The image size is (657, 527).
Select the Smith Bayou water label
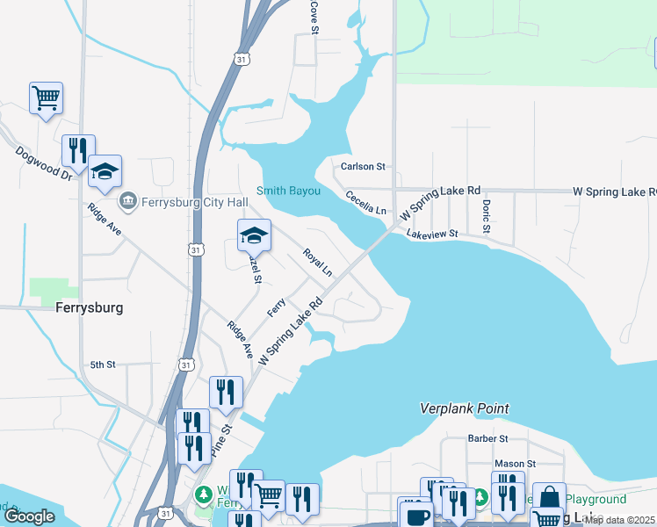click(x=287, y=191)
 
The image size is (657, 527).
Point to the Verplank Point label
click(x=465, y=408)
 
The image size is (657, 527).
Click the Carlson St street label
click(x=364, y=166)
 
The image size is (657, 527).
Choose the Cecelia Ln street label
click(x=365, y=203)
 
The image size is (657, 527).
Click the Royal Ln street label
click(x=317, y=263)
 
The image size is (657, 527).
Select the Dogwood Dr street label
click(x=43, y=163)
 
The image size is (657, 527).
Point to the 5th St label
click(x=103, y=365)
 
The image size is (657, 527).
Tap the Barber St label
click(x=487, y=438)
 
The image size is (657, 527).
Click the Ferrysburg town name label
click(x=89, y=308)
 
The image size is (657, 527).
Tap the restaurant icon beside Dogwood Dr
click(x=78, y=151)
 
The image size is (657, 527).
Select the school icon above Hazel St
click(x=254, y=235)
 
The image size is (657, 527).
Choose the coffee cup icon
click(x=416, y=514)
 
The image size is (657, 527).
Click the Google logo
click(x=30, y=516)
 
